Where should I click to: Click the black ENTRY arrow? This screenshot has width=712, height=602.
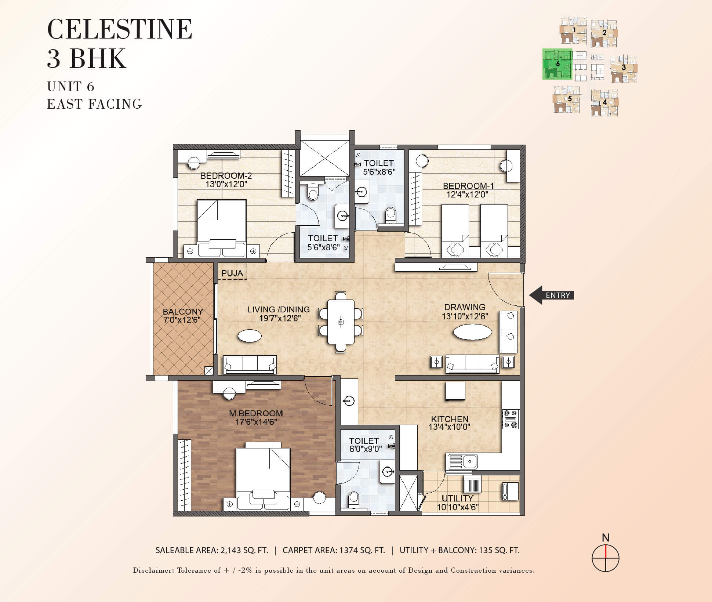tap(551, 295)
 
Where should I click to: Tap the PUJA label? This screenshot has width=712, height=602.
tap(232, 273)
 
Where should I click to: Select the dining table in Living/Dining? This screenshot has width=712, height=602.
tap(341, 322)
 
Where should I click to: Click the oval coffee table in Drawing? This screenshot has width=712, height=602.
tap(472, 333)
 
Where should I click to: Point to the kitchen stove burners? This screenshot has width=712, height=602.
tap(511, 419)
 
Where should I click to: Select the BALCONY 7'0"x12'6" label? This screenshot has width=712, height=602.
tap(183, 316)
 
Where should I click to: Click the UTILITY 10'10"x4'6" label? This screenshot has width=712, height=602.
tap(457, 503)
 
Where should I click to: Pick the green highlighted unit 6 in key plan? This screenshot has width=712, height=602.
tap(557, 64)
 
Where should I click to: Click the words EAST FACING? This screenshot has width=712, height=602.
tap(94, 104)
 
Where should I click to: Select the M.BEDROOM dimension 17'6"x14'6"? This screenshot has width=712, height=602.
tap(256, 422)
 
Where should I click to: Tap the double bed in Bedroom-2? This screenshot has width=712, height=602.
tap(221, 228)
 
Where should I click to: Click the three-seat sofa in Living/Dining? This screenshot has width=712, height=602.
tap(250, 365)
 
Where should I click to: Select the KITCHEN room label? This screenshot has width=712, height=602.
tap(450, 419)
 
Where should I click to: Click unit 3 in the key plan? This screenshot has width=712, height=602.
tap(624, 69)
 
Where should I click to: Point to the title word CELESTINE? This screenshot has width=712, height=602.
tap(120, 29)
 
